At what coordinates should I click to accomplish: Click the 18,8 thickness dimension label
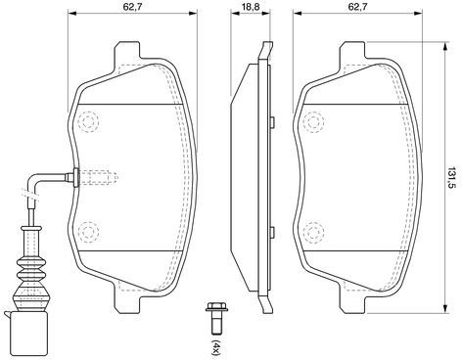tap(251, 7)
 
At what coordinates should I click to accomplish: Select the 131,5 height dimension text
tap(452, 178)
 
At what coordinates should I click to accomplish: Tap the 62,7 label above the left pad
tap(132, 7)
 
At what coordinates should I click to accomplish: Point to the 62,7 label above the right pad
tap(357, 7)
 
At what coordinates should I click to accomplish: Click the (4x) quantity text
tap(216, 347)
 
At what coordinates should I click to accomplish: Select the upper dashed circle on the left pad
tap(88, 122)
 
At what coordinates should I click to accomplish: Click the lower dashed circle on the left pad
tap(88, 232)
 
